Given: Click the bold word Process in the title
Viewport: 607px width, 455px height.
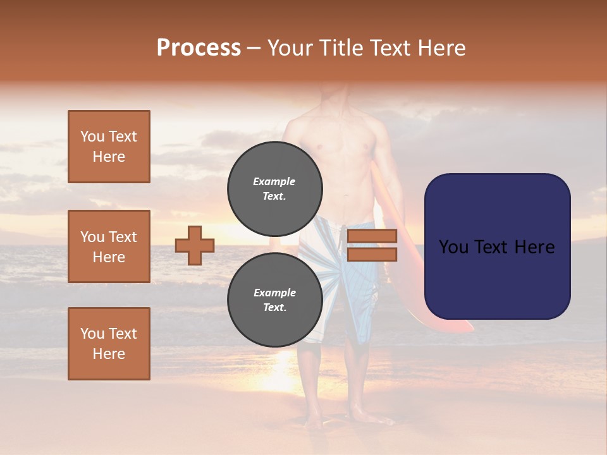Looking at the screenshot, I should [199, 48].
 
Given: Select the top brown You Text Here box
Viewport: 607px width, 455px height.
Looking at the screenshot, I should [109, 147].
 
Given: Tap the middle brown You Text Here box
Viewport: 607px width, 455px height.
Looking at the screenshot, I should [109, 246].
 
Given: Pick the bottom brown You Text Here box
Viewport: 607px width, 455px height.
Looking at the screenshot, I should [109, 344].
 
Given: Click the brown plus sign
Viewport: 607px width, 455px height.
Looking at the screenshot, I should [195, 245].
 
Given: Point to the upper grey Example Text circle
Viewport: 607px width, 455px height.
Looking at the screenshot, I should [274, 188].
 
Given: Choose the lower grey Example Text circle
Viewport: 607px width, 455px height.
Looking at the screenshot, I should [274, 300].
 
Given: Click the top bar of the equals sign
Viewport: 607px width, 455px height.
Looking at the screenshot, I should [372, 236].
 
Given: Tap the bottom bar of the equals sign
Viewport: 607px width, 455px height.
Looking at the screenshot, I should [372, 254].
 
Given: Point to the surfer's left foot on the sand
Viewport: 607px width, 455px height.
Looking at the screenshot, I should [364, 414].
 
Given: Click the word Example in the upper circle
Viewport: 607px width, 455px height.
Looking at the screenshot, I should [274, 181].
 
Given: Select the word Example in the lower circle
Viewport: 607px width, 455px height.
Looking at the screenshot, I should [274, 293].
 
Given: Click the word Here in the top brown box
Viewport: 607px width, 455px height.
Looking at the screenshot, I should [109, 157].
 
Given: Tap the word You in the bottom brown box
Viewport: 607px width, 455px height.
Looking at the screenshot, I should [92, 334].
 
